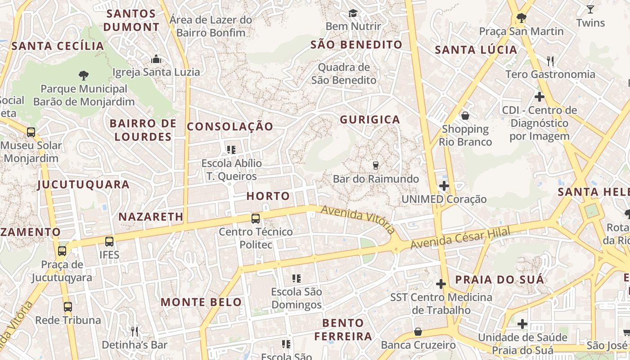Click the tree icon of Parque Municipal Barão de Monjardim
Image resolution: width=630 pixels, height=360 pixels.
point(83,75)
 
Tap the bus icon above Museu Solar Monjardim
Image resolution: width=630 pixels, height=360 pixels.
point(31,132)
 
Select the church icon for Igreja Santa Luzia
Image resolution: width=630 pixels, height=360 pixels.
point(156,59)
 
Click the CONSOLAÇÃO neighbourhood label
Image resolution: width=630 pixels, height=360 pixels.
point(230,126)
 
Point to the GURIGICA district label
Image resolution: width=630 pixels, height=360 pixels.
point(370,119)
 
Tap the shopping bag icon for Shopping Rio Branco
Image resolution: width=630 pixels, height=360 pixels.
point(465,116)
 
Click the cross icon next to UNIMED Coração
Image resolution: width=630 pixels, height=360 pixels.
point(444,185)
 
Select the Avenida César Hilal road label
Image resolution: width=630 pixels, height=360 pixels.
point(460,239)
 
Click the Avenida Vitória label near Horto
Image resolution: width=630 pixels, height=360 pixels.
point(358,219)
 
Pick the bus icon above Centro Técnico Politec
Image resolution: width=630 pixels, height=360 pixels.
point(256,219)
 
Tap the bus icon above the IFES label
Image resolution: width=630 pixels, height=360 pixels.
point(109,242)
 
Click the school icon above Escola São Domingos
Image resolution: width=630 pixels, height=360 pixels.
point(296,279)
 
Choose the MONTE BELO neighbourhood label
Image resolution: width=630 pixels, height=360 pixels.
point(201,302)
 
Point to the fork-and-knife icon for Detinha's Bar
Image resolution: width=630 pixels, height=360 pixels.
point(134,332)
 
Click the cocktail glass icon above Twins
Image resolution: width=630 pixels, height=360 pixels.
point(590,9)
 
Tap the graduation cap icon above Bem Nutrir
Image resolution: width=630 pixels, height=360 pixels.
point(353,13)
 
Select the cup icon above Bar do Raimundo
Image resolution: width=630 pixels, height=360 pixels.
point(376,166)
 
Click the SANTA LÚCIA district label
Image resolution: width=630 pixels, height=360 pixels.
point(476,50)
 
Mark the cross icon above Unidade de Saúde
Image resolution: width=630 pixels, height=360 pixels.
point(522,324)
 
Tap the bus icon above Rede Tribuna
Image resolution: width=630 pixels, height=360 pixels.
point(68,307)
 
